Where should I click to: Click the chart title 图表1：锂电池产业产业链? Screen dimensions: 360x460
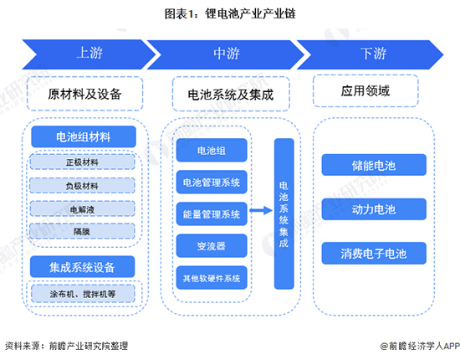pyautogui.click(x=230, y=15)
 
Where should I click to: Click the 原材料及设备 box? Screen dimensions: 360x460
pyautogui.click(x=84, y=94)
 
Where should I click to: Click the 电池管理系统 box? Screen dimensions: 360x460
pyautogui.click(x=210, y=182)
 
